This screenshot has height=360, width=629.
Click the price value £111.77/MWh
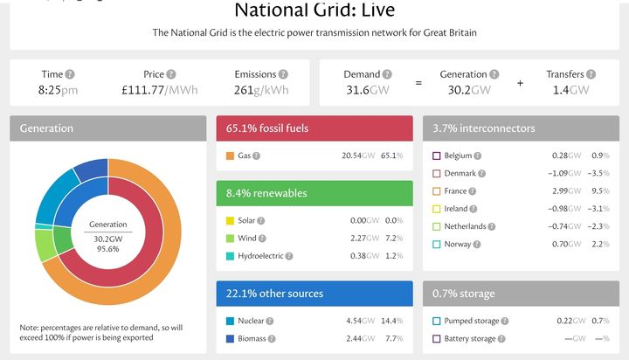(160, 90)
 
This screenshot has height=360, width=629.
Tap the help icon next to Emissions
(283, 74)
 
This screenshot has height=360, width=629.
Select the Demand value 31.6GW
(368, 90)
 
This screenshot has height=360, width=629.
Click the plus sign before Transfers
(520, 83)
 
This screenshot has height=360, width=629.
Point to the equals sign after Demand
(418, 83)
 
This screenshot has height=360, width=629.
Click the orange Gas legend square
(230, 156)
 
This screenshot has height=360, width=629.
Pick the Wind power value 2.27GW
(364, 238)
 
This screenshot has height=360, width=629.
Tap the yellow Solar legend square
(230, 220)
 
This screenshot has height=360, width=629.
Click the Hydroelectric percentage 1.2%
(394, 256)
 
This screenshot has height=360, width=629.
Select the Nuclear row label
(251, 321)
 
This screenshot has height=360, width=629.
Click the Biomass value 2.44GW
(361, 338)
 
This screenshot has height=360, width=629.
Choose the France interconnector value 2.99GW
(566, 191)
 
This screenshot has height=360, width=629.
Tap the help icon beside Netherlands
(491, 226)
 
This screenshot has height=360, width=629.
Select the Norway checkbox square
(437, 244)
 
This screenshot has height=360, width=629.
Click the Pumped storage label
(472, 321)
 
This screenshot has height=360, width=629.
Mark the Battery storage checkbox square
(437, 339)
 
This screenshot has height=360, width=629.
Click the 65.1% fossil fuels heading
(267, 128)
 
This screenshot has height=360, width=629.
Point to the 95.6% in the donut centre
(108, 249)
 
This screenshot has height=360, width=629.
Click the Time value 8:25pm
(58, 90)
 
